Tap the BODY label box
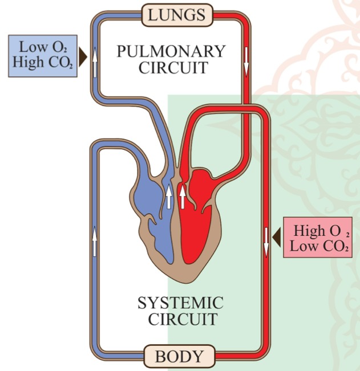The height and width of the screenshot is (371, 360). tap(179, 357)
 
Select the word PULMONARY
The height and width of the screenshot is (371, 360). tap(171, 51)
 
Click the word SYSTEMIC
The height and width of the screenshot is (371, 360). tap(180, 302)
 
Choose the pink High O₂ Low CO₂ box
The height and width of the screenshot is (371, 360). tap(317, 239)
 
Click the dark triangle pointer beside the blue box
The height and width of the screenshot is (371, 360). tap(82, 56)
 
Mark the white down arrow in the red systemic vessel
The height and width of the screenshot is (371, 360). tap(266, 241)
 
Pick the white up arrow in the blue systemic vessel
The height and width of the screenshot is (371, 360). tap(95, 241)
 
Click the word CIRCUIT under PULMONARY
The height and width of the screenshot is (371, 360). tap(171, 68)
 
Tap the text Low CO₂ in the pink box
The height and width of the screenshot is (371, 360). tap(317, 247)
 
